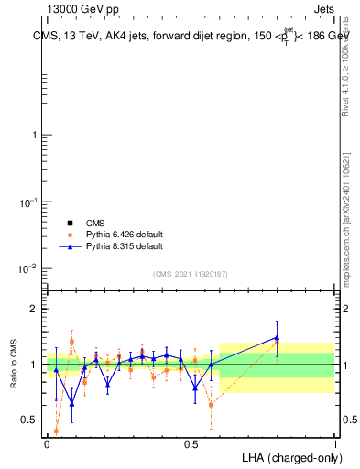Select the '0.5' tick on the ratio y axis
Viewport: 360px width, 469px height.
click(x=29, y=420)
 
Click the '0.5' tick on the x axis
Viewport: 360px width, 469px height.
click(x=191, y=443)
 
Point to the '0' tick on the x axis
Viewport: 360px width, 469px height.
click(x=48, y=443)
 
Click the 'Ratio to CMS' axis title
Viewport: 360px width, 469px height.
click(x=14, y=365)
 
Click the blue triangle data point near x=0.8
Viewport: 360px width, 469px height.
click(x=277, y=338)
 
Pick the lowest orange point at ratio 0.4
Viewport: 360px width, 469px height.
click(x=56, y=431)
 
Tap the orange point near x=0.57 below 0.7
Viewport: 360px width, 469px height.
click(x=212, y=404)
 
